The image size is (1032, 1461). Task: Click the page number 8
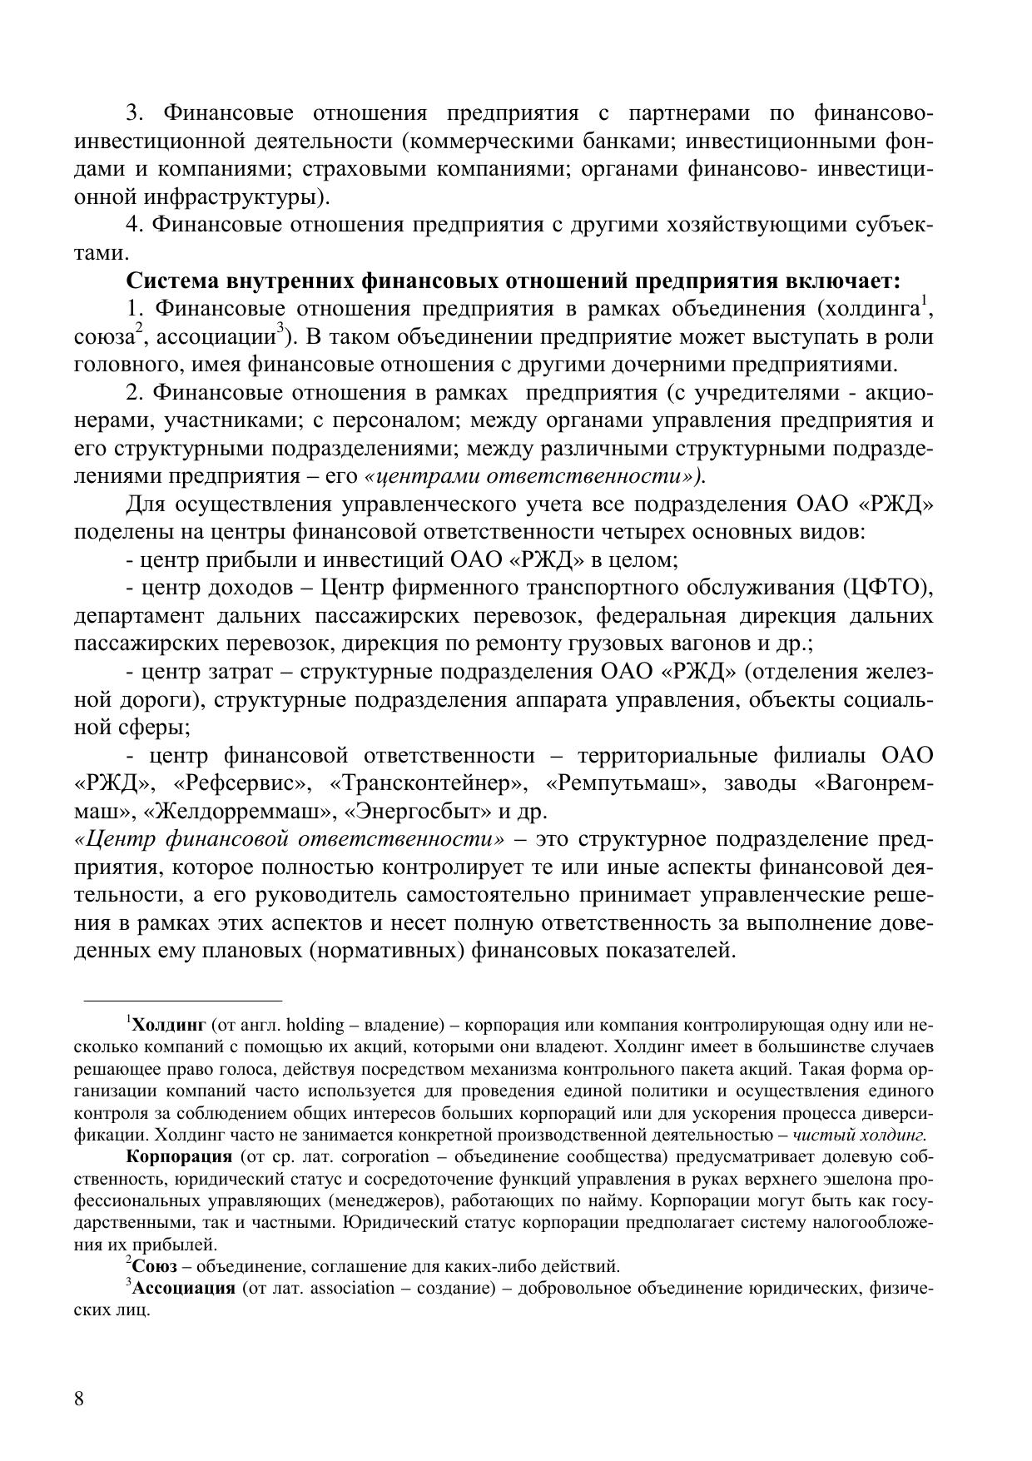79,1398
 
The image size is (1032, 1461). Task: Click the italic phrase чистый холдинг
860,1134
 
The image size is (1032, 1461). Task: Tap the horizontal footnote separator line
183,999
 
